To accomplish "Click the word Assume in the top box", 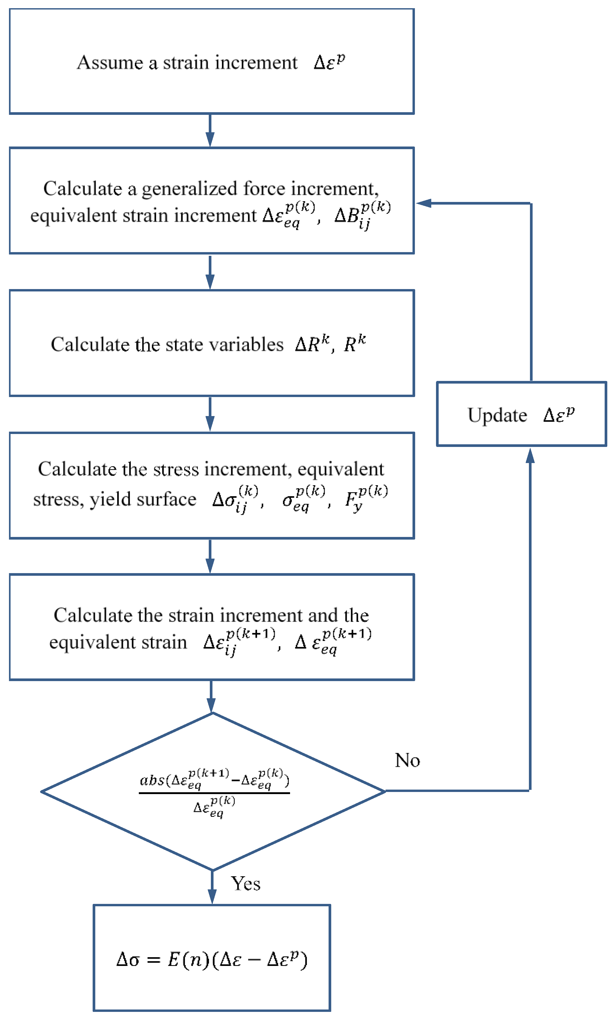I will (x=110, y=63).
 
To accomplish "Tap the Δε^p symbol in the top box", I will (x=329, y=62).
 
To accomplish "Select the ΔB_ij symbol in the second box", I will (x=362, y=215).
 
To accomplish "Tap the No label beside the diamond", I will (x=407, y=760).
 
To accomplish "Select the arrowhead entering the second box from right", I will (x=424, y=203).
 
